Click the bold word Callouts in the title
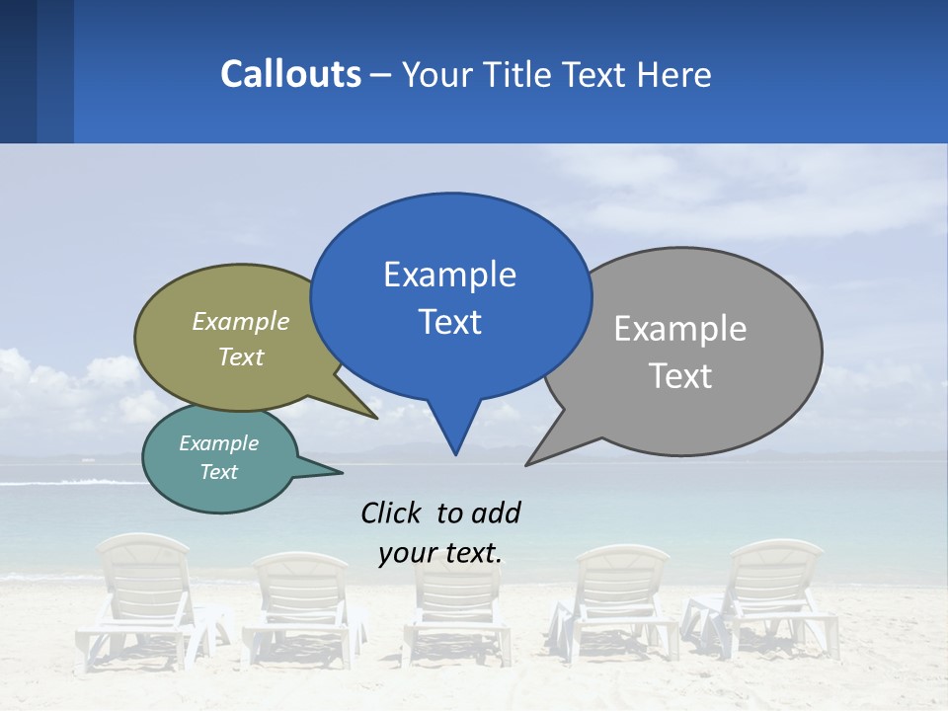click(x=290, y=74)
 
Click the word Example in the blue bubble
click(x=449, y=274)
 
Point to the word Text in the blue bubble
click(x=449, y=322)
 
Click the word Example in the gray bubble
click(x=679, y=328)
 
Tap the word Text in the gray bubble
click(x=679, y=376)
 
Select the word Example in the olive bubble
click(x=241, y=321)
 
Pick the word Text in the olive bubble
click(x=241, y=356)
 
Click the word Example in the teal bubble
click(x=219, y=443)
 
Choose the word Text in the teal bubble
click(x=219, y=472)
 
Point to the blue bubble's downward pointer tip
click(x=455, y=453)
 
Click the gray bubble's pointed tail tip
click(x=526, y=464)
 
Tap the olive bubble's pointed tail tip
click(x=376, y=418)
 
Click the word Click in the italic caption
click(x=392, y=513)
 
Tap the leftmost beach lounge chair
click(x=144, y=597)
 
